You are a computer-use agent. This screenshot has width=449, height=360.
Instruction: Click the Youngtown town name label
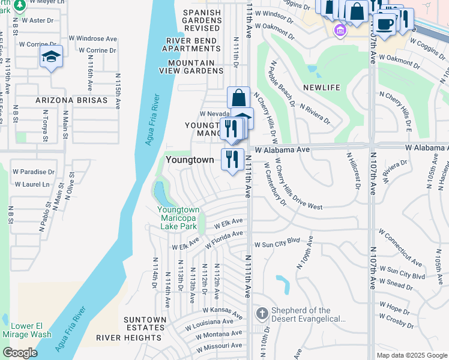click(189, 160)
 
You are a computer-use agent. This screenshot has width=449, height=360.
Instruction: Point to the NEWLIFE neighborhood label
click(321, 88)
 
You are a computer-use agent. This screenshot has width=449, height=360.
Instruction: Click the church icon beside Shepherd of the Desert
click(262, 314)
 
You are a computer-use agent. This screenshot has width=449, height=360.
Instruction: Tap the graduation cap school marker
click(50, 57)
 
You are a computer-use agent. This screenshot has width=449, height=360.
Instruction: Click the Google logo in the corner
click(20, 352)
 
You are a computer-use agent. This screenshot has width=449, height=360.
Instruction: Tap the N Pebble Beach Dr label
click(283, 83)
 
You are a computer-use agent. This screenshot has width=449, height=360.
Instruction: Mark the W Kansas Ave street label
click(222, 313)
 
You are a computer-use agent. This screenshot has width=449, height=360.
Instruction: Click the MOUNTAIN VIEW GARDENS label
click(191, 67)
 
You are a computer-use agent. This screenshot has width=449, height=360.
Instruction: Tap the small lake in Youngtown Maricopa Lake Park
click(161, 193)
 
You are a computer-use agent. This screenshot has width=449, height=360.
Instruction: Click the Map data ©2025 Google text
click(411, 355)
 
